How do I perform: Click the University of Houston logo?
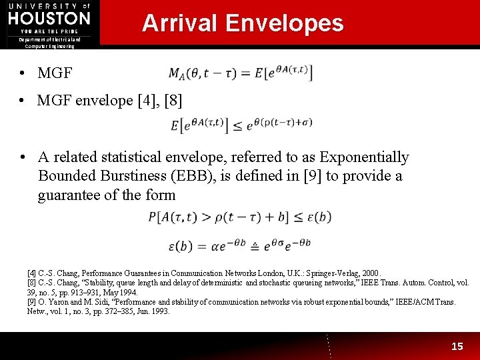(x=49, y=18)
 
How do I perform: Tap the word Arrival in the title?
(x=179, y=23)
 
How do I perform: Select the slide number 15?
(x=457, y=346)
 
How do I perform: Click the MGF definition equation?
(x=241, y=73)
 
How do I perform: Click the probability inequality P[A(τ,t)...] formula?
(x=239, y=217)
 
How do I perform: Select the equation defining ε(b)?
(x=239, y=245)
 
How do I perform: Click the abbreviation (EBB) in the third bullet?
(x=219, y=176)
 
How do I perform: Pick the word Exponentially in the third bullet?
(x=364, y=157)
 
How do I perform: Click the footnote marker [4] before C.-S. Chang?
(x=31, y=273)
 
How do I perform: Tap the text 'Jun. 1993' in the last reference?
(x=153, y=311)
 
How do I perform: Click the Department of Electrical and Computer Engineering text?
(x=49, y=43)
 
